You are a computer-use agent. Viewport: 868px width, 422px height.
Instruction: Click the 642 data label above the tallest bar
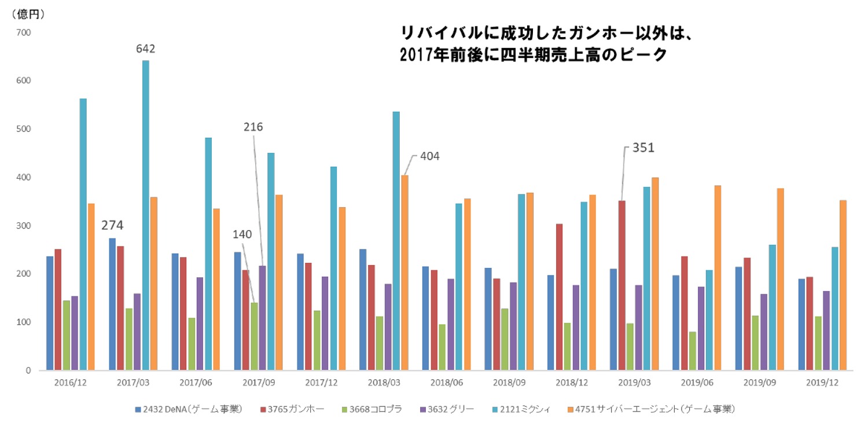[x=146, y=49]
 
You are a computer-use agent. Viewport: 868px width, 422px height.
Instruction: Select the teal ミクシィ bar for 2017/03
[x=146, y=214]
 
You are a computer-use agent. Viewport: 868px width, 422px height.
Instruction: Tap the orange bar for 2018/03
[x=404, y=272]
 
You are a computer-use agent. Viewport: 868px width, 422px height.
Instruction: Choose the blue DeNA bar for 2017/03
[x=112, y=304]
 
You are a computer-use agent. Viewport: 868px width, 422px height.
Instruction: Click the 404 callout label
[x=429, y=156]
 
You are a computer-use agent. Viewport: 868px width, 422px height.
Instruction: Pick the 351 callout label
[x=643, y=148]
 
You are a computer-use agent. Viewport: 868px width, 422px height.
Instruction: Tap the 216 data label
[x=253, y=126]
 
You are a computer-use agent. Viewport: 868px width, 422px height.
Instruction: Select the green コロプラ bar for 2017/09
[x=254, y=336]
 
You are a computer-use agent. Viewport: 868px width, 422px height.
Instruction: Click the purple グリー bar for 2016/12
[x=75, y=333]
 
